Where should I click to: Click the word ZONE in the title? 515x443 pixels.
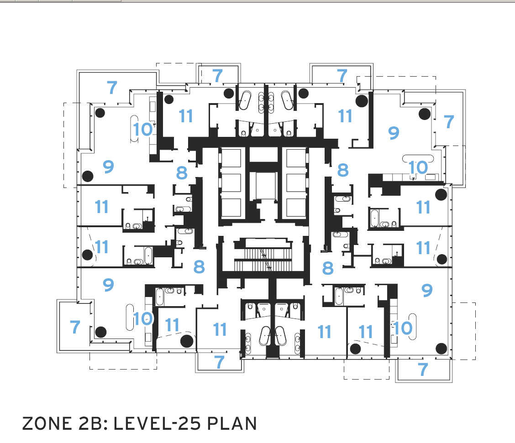tap(47, 423)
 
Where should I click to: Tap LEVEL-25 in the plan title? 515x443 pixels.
tap(157, 423)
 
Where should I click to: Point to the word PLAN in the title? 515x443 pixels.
tap(232, 423)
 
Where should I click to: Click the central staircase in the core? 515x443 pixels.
tap(263, 255)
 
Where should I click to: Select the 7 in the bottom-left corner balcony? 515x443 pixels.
tap(75, 327)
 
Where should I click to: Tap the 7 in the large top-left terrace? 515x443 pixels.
tap(112, 87)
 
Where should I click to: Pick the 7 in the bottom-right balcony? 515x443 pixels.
tap(423, 370)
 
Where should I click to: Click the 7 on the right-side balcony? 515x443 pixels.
tap(449, 121)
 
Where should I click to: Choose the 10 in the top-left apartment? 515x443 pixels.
tap(143, 129)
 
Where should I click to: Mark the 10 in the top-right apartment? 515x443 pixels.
tap(418, 167)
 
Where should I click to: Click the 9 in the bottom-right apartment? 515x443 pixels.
tap(427, 290)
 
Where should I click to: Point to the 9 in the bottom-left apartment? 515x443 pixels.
tap(108, 285)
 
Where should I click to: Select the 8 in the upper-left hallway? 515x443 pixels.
tap(182, 172)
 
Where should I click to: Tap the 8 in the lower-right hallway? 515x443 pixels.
tap(328, 268)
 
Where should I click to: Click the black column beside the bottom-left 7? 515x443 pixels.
tap(101, 332)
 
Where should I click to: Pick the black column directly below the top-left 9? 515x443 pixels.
tap(88, 176)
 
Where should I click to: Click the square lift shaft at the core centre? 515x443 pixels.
tap(263, 186)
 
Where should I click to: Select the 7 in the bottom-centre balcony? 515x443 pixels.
tap(220, 362)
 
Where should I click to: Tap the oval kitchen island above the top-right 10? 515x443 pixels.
tap(418, 158)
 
